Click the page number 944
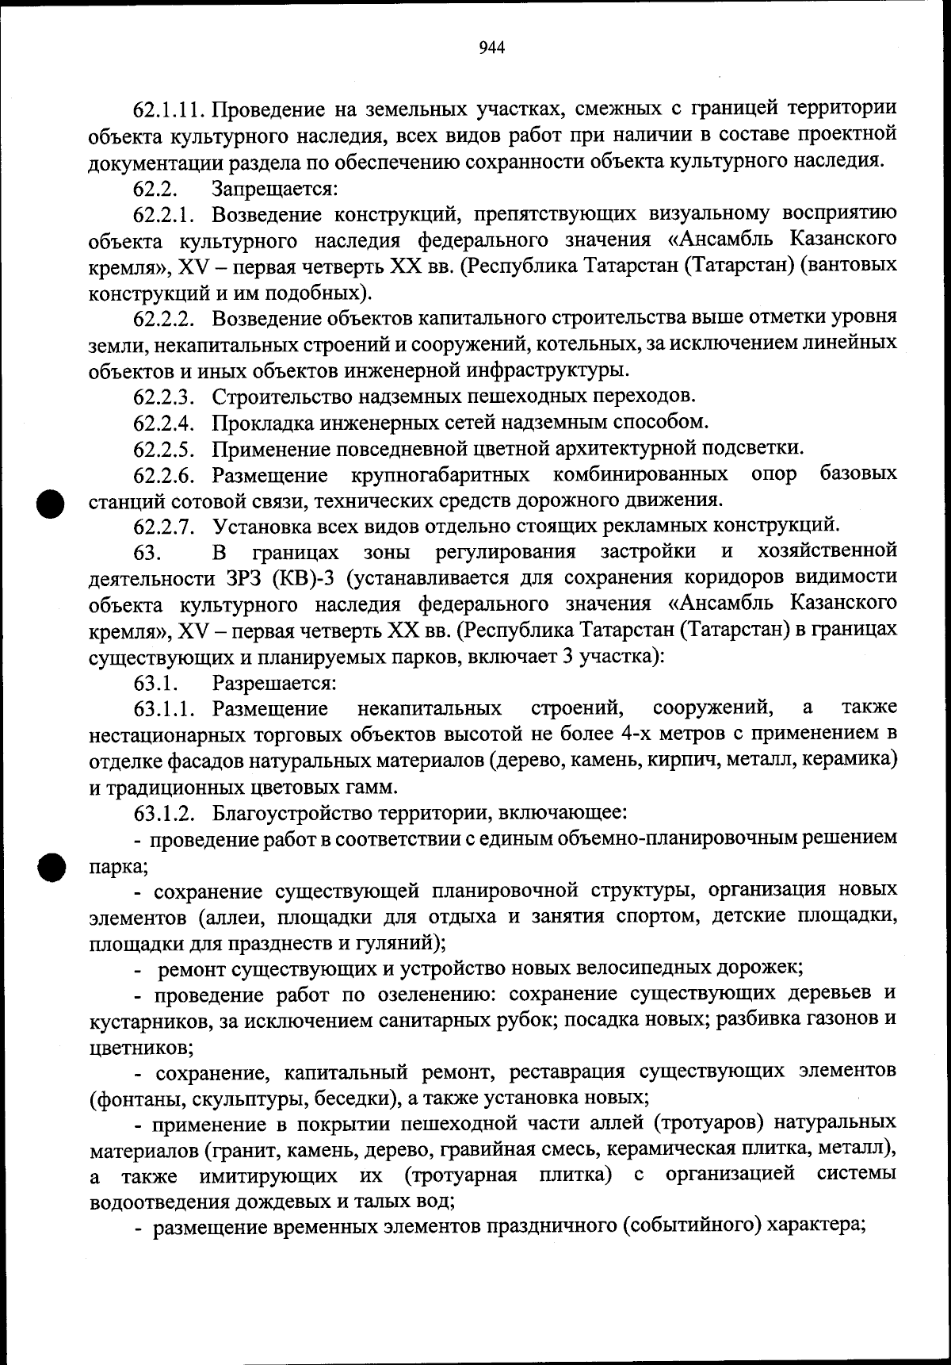(x=492, y=48)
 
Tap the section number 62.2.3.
(x=164, y=396)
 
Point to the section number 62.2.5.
(x=164, y=449)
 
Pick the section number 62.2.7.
(x=164, y=526)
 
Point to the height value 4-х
(x=642, y=734)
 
